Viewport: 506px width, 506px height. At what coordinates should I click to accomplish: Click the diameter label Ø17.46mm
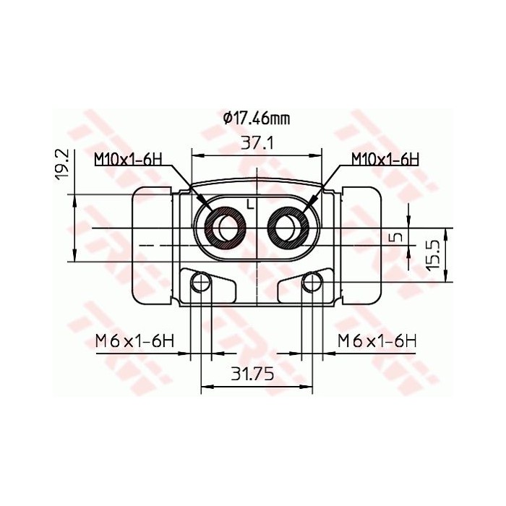[x=257, y=118]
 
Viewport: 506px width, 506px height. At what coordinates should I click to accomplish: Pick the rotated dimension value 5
[x=395, y=236]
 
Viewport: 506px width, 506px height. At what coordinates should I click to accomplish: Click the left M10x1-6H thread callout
[x=127, y=158]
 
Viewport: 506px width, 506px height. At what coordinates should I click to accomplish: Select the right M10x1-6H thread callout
[x=385, y=158]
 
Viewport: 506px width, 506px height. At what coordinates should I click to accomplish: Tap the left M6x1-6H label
[x=137, y=340]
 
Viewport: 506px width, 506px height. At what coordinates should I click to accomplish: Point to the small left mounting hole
[x=200, y=283]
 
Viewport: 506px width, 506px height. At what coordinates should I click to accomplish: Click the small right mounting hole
[x=312, y=283]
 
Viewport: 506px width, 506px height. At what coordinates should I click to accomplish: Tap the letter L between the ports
[x=250, y=204]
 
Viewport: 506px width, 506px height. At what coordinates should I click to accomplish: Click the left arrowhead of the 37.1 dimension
[x=196, y=155]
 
